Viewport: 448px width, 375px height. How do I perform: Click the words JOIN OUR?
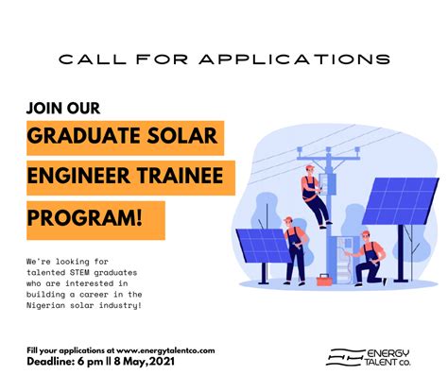(x=63, y=107)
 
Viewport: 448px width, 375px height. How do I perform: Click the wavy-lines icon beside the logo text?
(x=342, y=356)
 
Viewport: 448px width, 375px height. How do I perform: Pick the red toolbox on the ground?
(x=324, y=280)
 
